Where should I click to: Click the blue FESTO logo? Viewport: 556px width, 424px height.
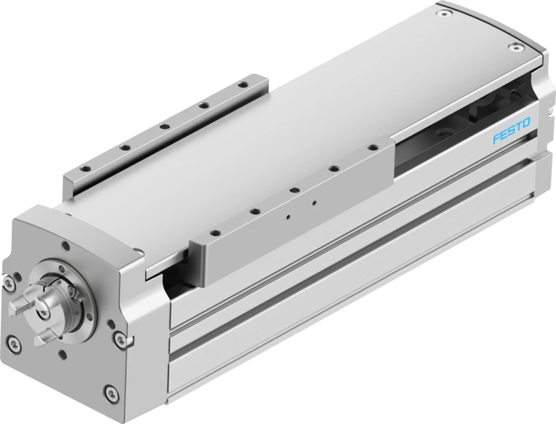point(512,130)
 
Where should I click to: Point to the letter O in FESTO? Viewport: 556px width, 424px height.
point(525,123)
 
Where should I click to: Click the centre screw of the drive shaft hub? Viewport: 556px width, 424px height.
point(43,313)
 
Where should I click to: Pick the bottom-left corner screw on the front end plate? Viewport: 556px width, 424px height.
point(14,343)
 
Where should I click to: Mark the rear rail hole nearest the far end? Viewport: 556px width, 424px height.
point(243,85)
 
